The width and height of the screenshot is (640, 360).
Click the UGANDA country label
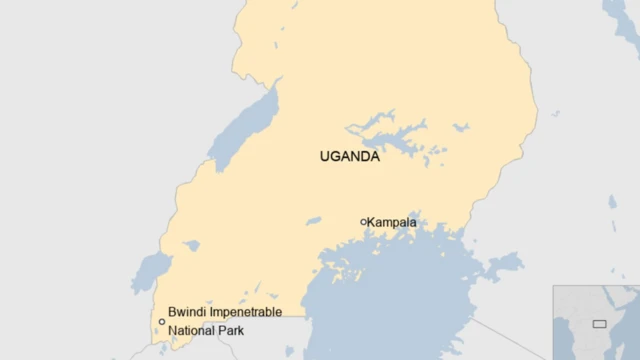pos(349,156)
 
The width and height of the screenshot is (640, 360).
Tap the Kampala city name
pos(392,222)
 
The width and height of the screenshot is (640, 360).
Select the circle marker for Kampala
pos(363,222)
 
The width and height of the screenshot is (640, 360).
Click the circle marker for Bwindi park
pos(161,322)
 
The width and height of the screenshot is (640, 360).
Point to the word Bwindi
pos(187,312)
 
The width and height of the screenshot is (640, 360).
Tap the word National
pos(191,330)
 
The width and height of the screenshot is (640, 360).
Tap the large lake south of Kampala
pos(400,300)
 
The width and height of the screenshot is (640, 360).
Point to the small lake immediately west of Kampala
pos(314,221)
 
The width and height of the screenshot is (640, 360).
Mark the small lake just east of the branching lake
pos(460,128)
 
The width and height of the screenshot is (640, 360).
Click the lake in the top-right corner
pos(622,20)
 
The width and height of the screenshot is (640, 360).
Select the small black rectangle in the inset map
pos(599,323)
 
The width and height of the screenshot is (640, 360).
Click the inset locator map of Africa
pos(596,322)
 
